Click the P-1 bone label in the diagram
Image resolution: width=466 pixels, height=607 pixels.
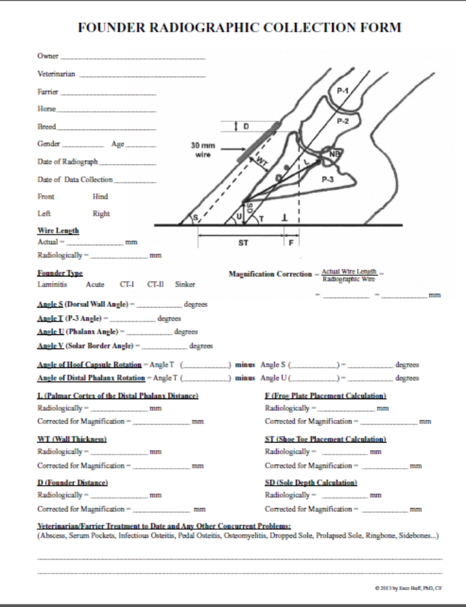pos(342,92)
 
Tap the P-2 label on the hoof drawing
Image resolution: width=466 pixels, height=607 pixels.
pos(343,121)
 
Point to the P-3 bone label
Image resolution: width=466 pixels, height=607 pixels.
pos(329,179)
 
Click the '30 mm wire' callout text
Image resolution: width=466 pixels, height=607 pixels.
pos(203,148)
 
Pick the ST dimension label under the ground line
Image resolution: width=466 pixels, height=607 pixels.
pos(243,243)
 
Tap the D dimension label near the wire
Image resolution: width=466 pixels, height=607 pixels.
pos(245,126)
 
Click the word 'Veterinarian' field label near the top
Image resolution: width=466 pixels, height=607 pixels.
pos(56,73)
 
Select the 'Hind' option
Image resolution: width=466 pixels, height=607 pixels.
pos(100,196)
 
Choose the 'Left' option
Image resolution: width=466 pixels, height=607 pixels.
pos(44,213)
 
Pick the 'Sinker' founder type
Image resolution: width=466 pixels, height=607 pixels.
pos(185,284)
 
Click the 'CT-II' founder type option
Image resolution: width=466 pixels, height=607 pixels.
pos(156,284)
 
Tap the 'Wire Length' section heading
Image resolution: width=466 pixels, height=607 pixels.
pos(58,230)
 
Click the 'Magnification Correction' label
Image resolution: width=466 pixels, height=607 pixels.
pos(271,275)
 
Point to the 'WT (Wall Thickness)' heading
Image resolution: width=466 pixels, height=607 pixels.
pos(72,439)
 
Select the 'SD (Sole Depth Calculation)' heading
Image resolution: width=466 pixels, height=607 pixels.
pos(311,482)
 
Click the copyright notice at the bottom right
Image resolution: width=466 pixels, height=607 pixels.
pos(408,587)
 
